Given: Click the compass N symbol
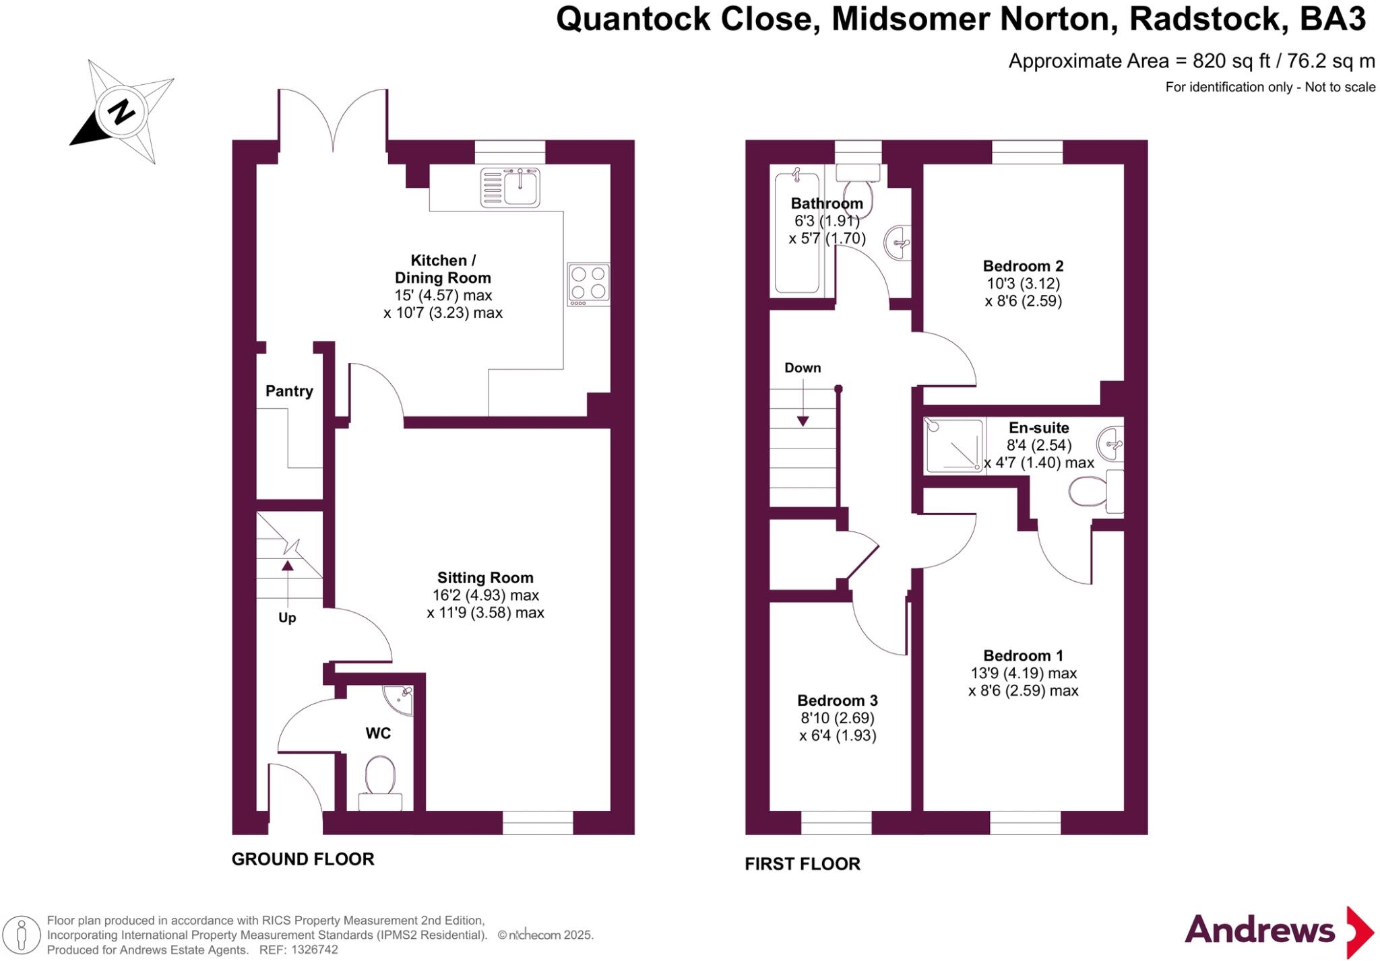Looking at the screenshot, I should (x=121, y=112).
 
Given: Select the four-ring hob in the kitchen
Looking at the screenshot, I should (x=588, y=283).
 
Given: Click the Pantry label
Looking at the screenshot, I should (x=289, y=391).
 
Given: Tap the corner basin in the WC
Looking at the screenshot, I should (x=400, y=698).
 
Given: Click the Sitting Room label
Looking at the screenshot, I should (x=485, y=578).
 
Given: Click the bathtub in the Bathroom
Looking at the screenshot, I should (x=797, y=232).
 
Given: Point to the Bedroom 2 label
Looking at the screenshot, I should (x=1023, y=266).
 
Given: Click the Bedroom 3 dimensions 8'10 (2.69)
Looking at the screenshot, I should (x=838, y=718).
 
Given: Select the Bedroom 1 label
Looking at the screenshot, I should (x=1023, y=656).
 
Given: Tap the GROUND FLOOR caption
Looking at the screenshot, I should (x=303, y=859).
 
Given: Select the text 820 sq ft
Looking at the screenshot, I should (x=1230, y=61).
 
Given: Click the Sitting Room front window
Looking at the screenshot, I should (x=538, y=823).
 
